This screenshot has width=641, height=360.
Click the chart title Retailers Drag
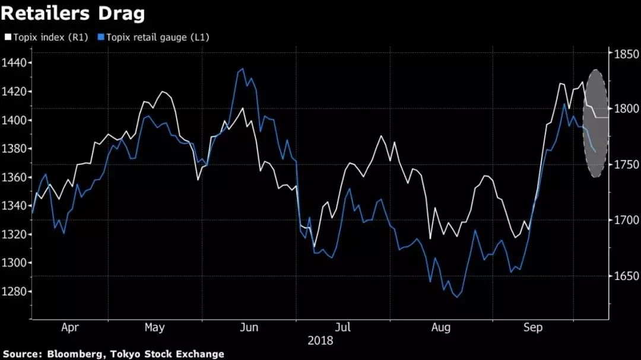pos(74,13)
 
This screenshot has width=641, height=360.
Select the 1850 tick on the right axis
pos(625,55)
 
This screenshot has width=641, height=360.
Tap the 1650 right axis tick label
pos(625,276)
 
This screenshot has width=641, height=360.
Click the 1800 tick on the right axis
pos(625,109)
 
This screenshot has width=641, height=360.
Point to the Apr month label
pos(70,327)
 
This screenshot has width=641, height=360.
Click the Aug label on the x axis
pos(441,327)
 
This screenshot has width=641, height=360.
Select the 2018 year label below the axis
pos(320,341)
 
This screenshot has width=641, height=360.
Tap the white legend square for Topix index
pos(8,37)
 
